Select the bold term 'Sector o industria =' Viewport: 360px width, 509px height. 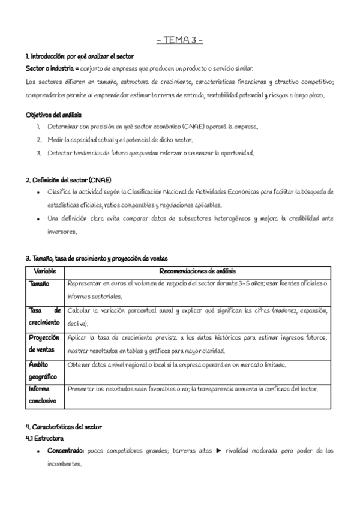pos(52,68)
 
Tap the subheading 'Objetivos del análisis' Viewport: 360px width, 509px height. pos(53,115)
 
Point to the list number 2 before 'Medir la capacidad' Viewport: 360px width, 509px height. pos(39,140)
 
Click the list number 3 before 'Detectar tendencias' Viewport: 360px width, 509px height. pos(39,153)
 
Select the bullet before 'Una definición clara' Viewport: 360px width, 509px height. pos(39,218)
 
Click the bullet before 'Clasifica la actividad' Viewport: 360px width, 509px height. pos(39,192)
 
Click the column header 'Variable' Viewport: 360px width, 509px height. pos(45,271)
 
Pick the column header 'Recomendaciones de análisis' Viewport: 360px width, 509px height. pos(198,271)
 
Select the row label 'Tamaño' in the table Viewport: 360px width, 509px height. pos(40,283)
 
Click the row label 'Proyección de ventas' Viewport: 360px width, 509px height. pos(45,343)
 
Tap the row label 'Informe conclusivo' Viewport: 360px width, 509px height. pos(43,394)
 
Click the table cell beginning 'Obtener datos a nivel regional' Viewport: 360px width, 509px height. pos(176,365)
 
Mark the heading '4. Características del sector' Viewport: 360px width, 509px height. pos(64,427)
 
